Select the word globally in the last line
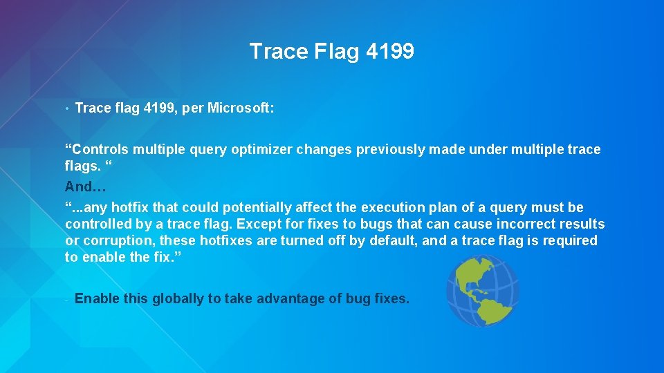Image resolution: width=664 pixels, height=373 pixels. pyautogui.click(x=178, y=299)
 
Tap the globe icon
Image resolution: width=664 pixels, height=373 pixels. pyautogui.click(x=482, y=290)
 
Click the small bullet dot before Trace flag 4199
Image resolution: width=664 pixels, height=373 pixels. pyautogui.click(x=66, y=109)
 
